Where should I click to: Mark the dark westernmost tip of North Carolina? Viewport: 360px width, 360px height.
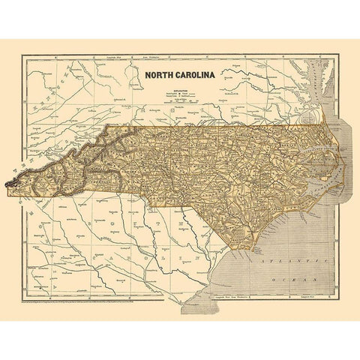tap(10, 181)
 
